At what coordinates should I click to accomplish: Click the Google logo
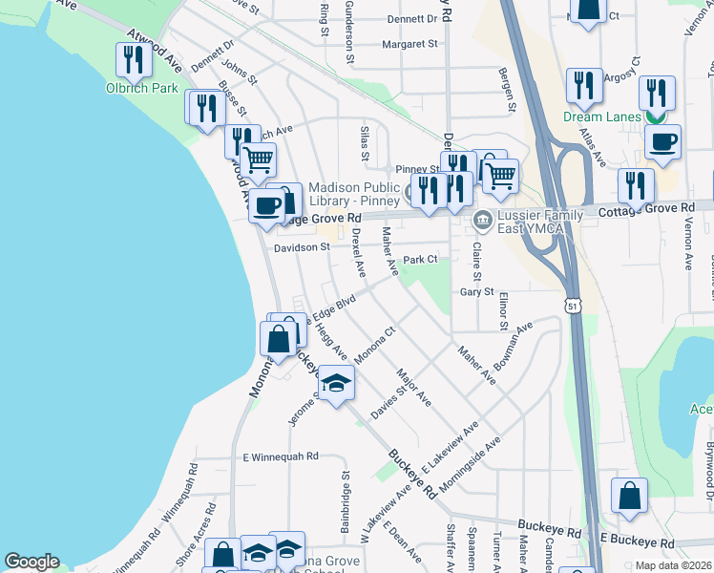coord(32,562)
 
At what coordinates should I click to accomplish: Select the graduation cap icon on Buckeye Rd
coord(335,384)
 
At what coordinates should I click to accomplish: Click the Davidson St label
coord(302,247)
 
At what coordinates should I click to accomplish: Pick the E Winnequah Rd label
coord(280,456)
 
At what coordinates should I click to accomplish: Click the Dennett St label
coord(412,19)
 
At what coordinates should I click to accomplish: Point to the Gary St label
coord(476,292)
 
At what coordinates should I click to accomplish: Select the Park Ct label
coord(419,259)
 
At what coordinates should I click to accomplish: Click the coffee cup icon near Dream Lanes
coord(662,142)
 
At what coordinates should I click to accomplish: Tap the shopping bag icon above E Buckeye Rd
coord(629,497)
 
